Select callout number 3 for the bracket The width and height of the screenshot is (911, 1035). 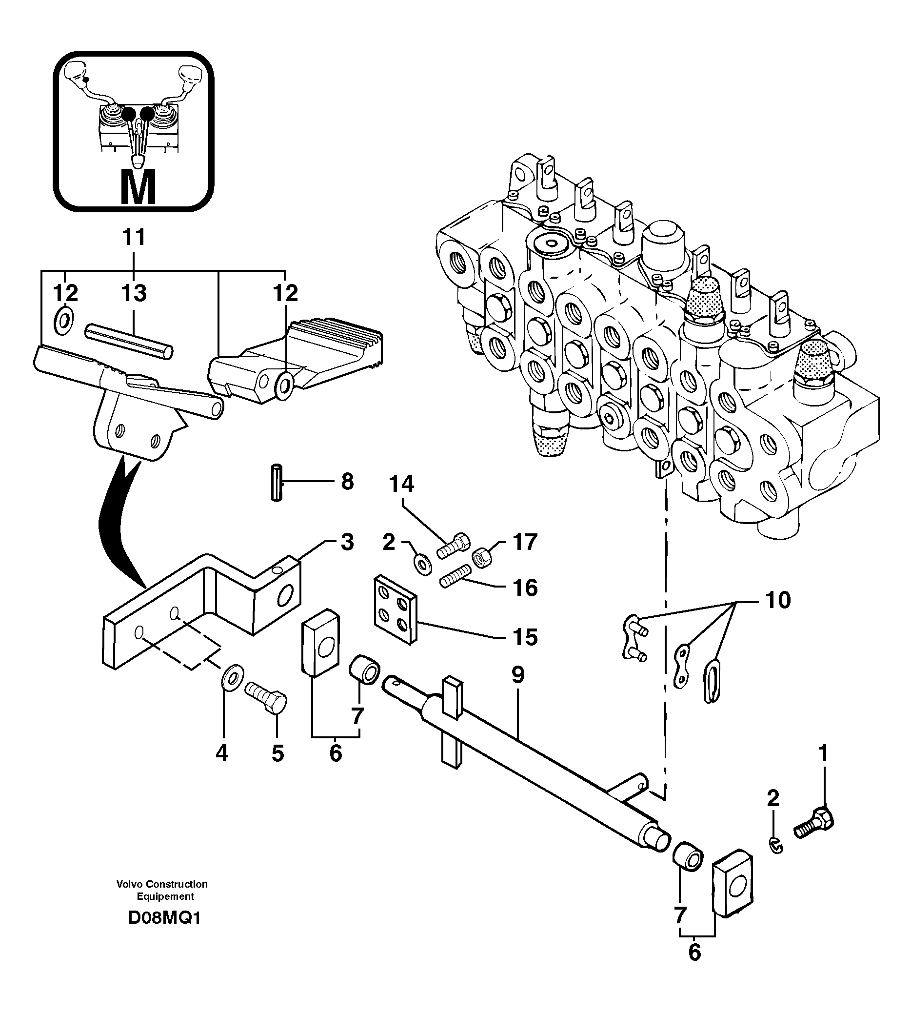coord(347,542)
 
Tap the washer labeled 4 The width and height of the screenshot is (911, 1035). coord(232,676)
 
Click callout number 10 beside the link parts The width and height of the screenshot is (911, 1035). coord(778,600)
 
